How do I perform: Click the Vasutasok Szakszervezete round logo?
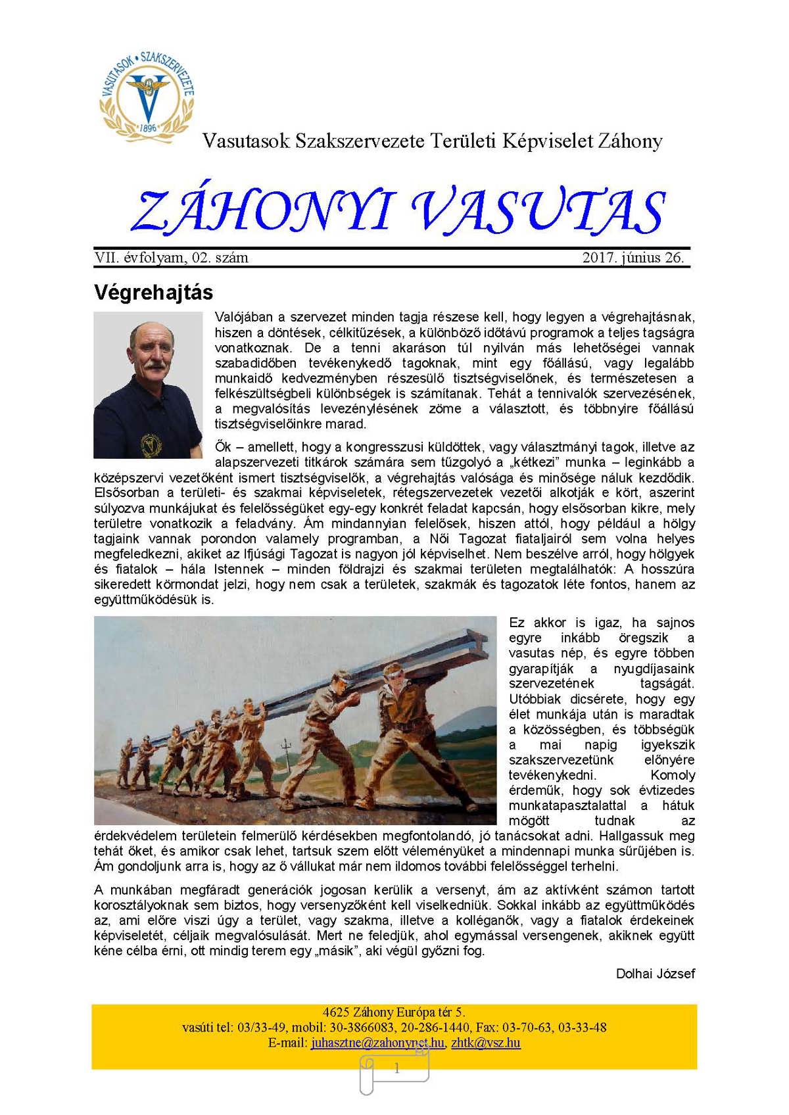147,94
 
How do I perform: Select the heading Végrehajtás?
153,293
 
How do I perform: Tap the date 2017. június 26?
633,258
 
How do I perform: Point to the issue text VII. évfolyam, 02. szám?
172,258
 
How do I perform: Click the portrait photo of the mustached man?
148,385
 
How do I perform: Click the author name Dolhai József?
655,973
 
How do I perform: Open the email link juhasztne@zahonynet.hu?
377,1043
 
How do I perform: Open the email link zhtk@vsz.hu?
486,1043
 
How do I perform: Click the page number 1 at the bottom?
396,1069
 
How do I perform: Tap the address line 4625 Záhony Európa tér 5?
394,1012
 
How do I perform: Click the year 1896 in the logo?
149,128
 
